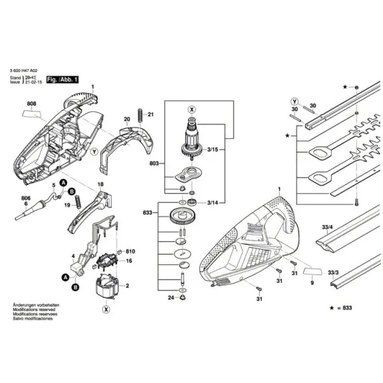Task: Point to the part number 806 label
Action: click(26, 199)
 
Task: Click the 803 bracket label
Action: click(153, 164)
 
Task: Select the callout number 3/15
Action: click(214, 149)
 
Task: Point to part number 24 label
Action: click(170, 297)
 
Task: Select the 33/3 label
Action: click(333, 272)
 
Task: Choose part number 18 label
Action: click(100, 184)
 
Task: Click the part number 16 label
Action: click(128, 261)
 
